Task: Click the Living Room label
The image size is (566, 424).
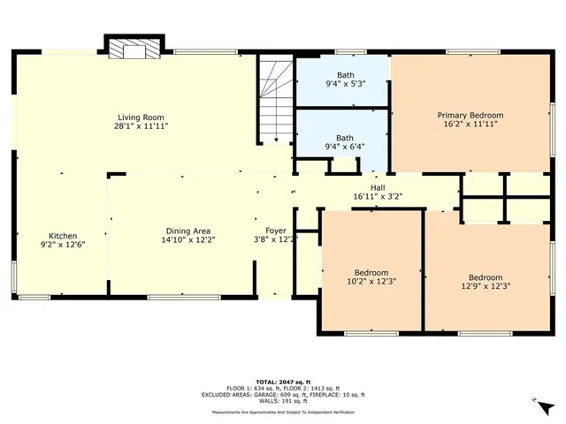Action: click(x=142, y=117)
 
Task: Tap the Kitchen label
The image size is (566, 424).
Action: click(x=63, y=236)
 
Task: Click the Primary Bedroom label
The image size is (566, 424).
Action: click(x=470, y=115)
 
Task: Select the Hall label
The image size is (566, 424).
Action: click(x=378, y=187)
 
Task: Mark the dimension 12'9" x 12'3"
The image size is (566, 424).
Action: click(x=486, y=285)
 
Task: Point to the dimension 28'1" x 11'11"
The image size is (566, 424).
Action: click(x=142, y=126)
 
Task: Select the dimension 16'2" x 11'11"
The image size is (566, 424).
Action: click(x=470, y=125)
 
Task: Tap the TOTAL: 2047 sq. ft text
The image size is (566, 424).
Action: click(x=283, y=381)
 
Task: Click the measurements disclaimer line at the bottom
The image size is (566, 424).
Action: click(x=283, y=413)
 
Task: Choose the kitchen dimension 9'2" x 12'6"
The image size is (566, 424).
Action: click(x=63, y=245)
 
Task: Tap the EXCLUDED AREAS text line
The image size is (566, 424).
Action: click(x=283, y=394)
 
